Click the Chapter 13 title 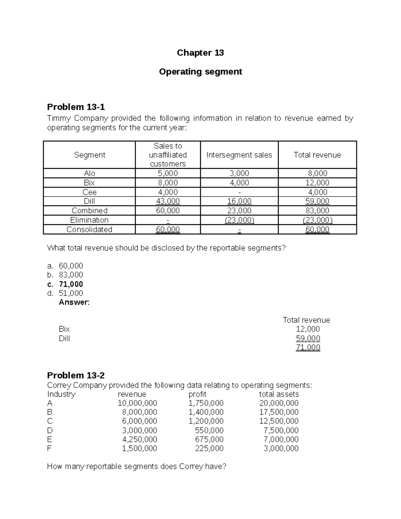pyautogui.click(x=200, y=53)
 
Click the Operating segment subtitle pyautogui.click(x=200, y=72)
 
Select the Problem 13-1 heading pyautogui.click(x=76, y=107)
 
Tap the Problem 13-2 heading pyautogui.click(x=76, y=375)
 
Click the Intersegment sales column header pyautogui.click(x=239, y=155)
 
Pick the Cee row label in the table pyautogui.click(x=89, y=192)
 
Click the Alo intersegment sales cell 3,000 pyautogui.click(x=239, y=173)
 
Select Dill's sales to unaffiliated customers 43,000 pyautogui.click(x=168, y=201)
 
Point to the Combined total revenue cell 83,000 pyautogui.click(x=317, y=211)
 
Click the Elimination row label pyautogui.click(x=89, y=220)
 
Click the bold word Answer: pyautogui.click(x=74, y=302)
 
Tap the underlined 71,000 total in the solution pyautogui.click(x=308, y=348)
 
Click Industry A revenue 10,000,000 pyautogui.click(x=137, y=403)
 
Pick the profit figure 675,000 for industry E pyautogui.click(x=209, y=439)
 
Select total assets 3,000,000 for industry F pyautogui.click(x=281, y=448)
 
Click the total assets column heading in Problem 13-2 pyautogui.click(x=279, y=394)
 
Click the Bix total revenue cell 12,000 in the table pyautogui.click(x=317, y=183)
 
